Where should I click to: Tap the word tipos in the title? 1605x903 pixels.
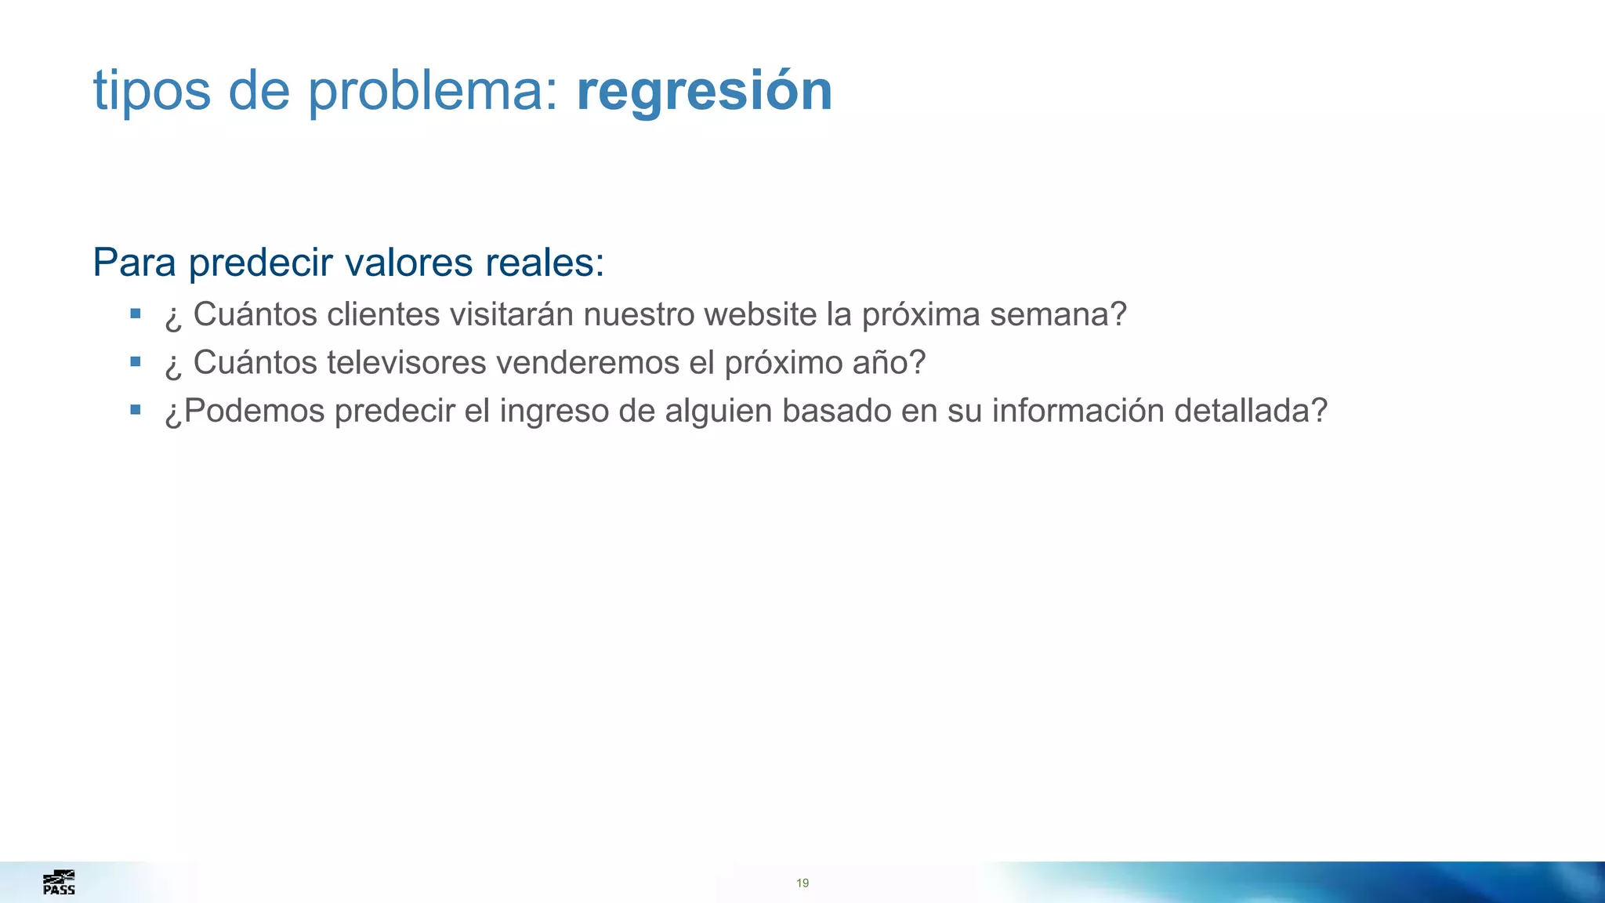[x=152, y=91]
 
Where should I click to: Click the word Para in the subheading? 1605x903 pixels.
[x=134, y=263]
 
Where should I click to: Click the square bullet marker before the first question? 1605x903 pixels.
[x=136, y=314]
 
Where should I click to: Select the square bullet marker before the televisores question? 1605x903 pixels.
[x=136, y=361]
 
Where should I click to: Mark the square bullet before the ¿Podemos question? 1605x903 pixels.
[x=136, y=409]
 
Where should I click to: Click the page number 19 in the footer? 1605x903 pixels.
[x=802, y=883]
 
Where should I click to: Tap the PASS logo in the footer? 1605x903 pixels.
[x=59, y=883]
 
